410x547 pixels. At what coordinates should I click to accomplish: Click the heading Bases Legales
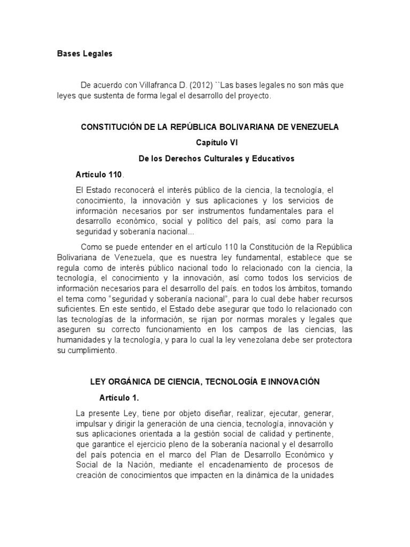pyautogui.click(x=85, y=54)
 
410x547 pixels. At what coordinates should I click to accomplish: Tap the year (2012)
pyautogui.click(x=202, y=85)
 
